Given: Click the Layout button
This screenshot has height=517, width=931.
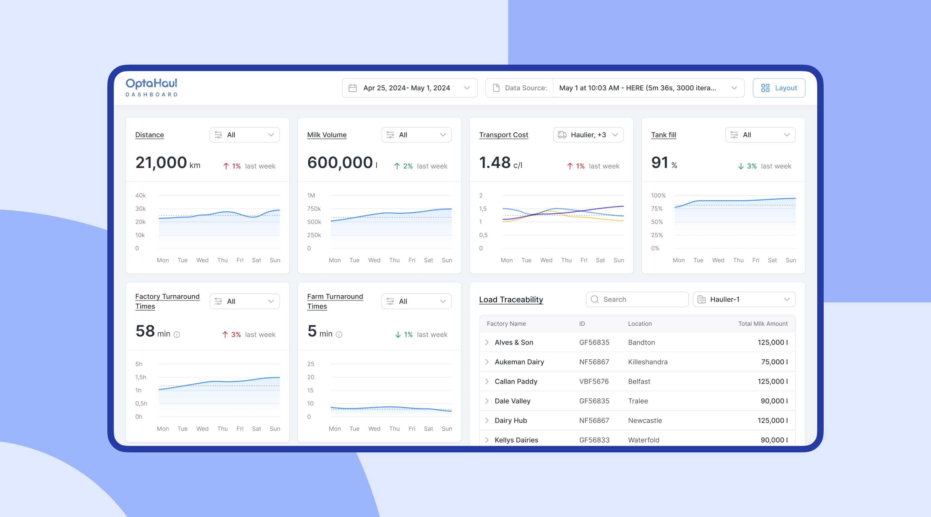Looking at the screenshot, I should click(x=778, y=88).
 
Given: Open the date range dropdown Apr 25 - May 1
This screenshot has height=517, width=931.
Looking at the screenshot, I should click(x=409, y=88).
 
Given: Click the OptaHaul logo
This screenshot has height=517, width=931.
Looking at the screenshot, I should click(x=151, y=87).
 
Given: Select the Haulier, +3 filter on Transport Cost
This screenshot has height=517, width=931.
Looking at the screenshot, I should click(x=588, y=135).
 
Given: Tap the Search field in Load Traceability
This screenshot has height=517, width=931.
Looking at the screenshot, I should click(x=637, y=300).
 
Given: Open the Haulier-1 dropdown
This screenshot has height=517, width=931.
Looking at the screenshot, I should click(x=744, y=300).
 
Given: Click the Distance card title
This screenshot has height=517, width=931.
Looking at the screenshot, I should click(x=149, y=135).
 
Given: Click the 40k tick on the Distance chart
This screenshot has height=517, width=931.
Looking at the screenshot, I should click(x=140, y=195).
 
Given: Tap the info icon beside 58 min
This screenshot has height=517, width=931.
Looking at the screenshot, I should click(x=177, y=334).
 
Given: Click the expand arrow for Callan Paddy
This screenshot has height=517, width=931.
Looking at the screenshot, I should click(x=487, y=382).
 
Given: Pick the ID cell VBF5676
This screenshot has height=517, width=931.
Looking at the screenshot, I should click(x=594, y=382).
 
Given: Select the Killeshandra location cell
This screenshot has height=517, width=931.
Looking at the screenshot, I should click(x=647, y=362).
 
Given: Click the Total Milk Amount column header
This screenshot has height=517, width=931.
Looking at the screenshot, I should click(x=763, y=324).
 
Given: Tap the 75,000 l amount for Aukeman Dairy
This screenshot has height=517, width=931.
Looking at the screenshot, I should click(x=774, y=362).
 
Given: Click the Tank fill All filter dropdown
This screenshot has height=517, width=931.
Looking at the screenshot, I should click(x=760, y=135).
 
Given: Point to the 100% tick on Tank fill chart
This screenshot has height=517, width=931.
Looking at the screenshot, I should click(x=658, y=195).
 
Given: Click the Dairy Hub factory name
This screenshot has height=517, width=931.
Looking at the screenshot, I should click(x=511, y=420).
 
